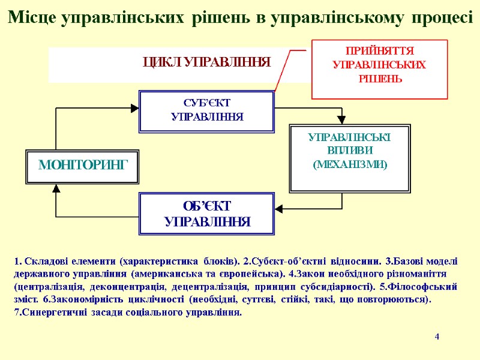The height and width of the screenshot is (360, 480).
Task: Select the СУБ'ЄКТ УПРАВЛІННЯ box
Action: (206, 111)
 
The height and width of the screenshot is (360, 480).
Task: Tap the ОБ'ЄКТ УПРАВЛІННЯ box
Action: (206, 214)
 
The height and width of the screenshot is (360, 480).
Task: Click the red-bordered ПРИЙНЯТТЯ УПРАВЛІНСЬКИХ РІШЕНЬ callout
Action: (379, 68)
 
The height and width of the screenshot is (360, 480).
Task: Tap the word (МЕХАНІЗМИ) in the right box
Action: (350, 164)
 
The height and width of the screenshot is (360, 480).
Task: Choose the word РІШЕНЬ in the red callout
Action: (379, 79)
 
